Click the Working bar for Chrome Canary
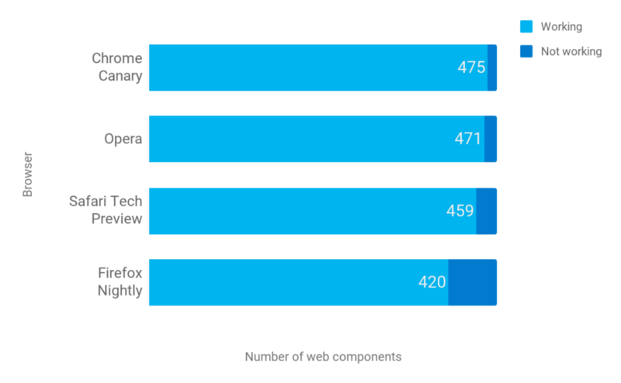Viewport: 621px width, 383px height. click(x=310, y=67)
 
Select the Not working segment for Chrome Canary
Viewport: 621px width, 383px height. click(x=492, y=67)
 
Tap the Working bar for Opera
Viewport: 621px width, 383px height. click(x=310, y=139)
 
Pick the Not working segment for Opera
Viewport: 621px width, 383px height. click(x=491, y=139)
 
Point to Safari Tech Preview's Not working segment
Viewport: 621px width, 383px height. click(x=487, y=211)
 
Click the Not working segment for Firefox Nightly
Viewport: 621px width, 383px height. click(x=473, y=282)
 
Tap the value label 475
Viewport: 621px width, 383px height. click(x=471, y=67)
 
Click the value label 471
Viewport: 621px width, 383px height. click(x=468, y=139)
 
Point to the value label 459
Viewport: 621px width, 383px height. click(x=460, y=211)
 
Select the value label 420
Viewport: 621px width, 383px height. click(x=432, y=282)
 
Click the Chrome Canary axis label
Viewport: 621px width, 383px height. click(x=117, y=67)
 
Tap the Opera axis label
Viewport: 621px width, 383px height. click(x=123, y=139)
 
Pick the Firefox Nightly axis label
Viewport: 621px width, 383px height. click(x=120, y=282)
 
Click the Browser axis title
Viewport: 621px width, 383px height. click(x=28, y=174)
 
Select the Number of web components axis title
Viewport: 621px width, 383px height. click(x=323, y=357)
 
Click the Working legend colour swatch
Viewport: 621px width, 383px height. click(x=526, y=27)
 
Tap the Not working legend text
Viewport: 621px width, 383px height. click(x=571, y=52)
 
